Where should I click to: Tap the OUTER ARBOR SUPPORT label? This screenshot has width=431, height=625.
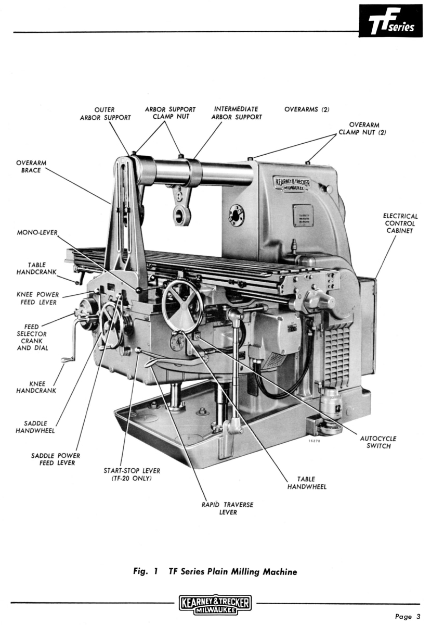coord(105,114)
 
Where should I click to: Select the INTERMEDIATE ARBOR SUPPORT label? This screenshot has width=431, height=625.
coord(237,113)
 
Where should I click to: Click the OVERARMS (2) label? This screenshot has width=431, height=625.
coord(307,109)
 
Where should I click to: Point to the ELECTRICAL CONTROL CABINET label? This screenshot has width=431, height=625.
coord(400,223)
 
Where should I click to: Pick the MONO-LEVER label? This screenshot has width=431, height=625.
coord(37,232)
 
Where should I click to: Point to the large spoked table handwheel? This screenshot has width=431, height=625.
coord(181,306)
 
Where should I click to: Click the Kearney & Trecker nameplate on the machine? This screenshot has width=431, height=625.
coord(292,185)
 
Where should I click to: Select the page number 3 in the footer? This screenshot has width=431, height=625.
coord(407,617)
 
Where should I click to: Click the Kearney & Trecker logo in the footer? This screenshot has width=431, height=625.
coord(215,605)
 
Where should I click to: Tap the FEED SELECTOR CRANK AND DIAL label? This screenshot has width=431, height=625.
coord(35,337)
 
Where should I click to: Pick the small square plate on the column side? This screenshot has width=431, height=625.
coord(303,215)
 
